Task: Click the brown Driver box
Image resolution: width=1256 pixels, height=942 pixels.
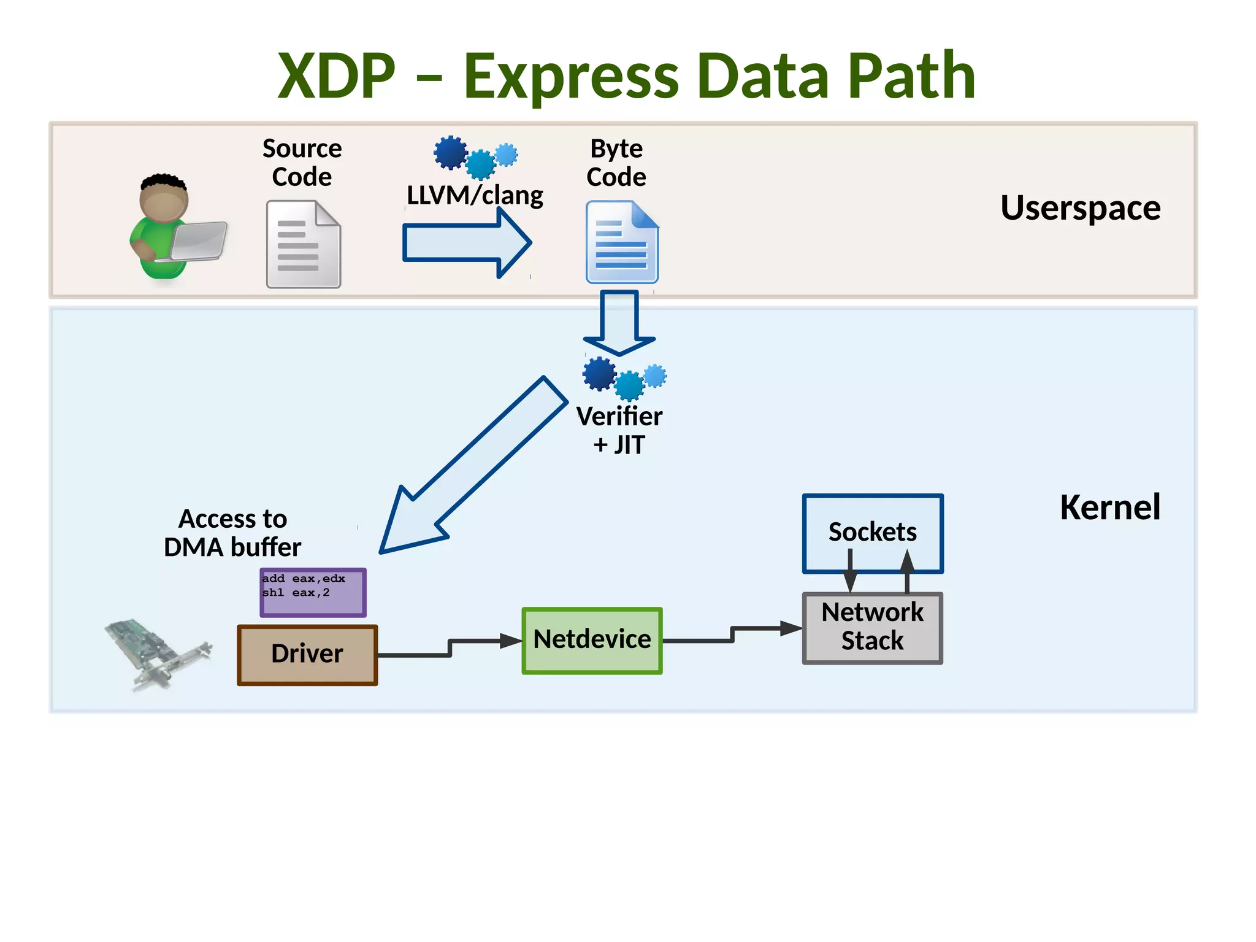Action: [x=307, y=654]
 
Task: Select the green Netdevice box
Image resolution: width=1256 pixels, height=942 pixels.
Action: [x=592, y=640]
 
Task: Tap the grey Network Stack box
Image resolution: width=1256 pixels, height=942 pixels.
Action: [x=872, y=627]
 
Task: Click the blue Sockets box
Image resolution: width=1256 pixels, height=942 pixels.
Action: [x=872, y=531]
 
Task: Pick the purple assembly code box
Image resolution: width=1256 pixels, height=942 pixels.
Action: [x=313, y=593]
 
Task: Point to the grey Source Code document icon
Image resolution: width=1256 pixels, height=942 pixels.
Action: [x=303, y=244]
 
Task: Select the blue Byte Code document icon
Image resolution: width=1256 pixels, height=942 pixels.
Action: [x=621, y=242]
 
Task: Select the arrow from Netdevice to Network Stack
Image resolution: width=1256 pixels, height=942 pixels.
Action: [x=732, y=635]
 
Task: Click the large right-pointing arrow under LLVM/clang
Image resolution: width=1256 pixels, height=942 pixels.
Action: [x=466, y=242]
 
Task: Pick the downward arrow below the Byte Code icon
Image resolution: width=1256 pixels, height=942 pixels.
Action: [x=619, y=322]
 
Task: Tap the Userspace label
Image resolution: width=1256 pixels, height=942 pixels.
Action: [x=1079, y=207]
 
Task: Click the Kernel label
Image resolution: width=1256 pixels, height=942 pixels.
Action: [x=1109, y=507]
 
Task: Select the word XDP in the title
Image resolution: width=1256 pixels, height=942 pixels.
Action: [x=337, y=76]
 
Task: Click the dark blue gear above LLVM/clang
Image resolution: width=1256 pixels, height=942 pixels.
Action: [x=450, y=152]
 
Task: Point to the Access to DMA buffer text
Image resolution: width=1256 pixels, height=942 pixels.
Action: [x=232, y=533]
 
